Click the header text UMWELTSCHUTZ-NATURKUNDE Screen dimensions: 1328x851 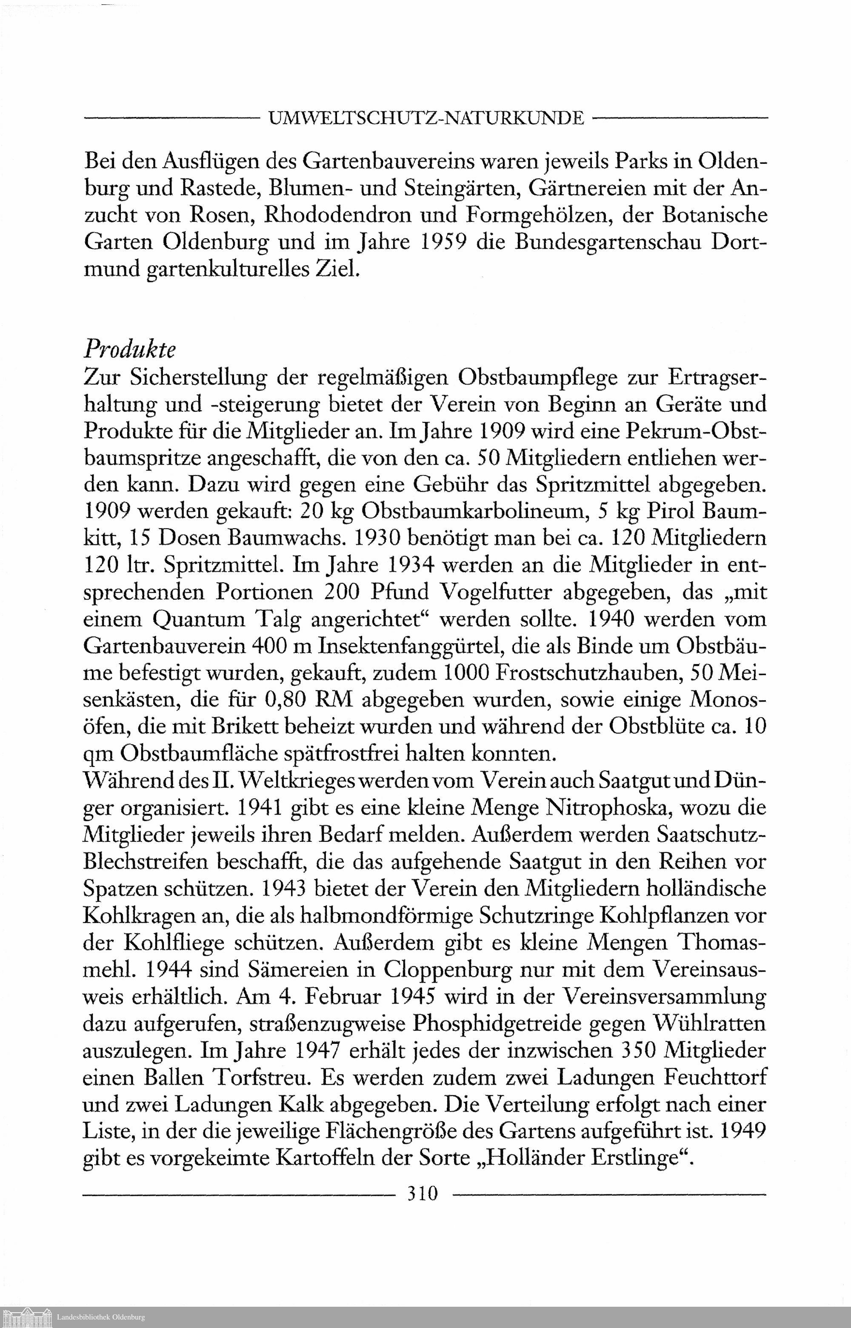click(425, 118)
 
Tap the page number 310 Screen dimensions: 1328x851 click(422, 1194)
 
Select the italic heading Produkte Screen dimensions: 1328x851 click(129, 350)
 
